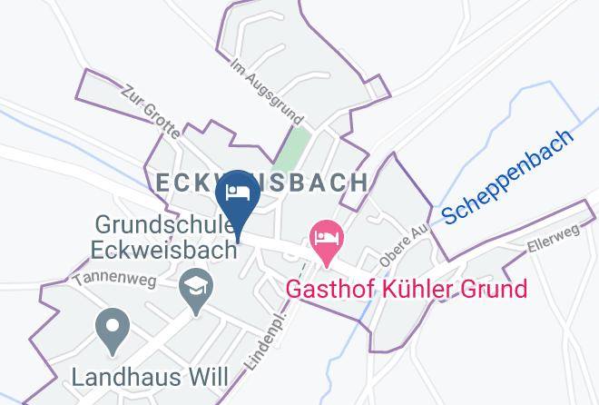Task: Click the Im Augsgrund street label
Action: pos(266,94)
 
